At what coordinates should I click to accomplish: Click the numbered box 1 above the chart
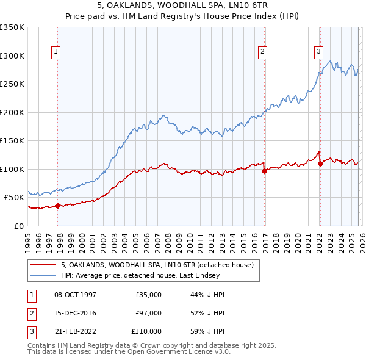pyautogui.click(x=56, y=52)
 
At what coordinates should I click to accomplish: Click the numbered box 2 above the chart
pyautogui.click(x=262, y=52)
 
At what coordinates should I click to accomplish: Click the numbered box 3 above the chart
pyautogui.click(x=318, y=52)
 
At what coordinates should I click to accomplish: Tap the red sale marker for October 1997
pyautogui.click(x=57, y=206)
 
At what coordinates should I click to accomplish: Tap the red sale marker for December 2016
pyautogui.click(x=264, y=171)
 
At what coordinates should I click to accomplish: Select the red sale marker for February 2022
pyautogui.click(x=320, y=164)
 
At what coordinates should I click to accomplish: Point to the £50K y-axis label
pyautogui.click(x=14, y=198)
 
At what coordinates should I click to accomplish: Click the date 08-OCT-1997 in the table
pyautogui.click(x=75, y=295)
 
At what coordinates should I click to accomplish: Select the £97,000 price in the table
pyautogui.click(x=148, y=313)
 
